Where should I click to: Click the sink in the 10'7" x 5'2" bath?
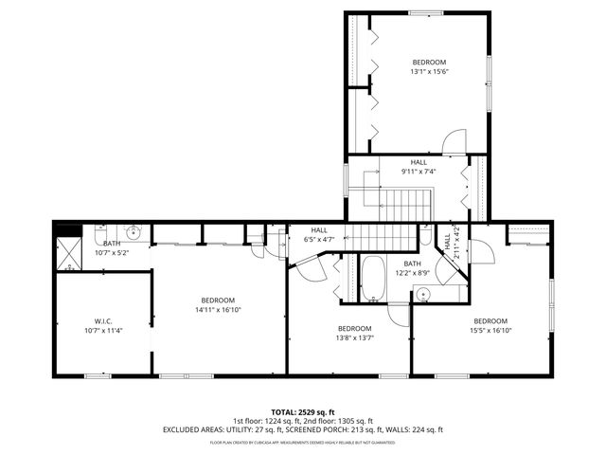134,231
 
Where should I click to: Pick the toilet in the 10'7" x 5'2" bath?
98,231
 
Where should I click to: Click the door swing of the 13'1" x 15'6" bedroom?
454,140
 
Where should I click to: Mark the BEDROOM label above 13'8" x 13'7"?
355,328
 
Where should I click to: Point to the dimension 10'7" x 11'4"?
104,330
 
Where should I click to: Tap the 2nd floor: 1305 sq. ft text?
338,420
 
